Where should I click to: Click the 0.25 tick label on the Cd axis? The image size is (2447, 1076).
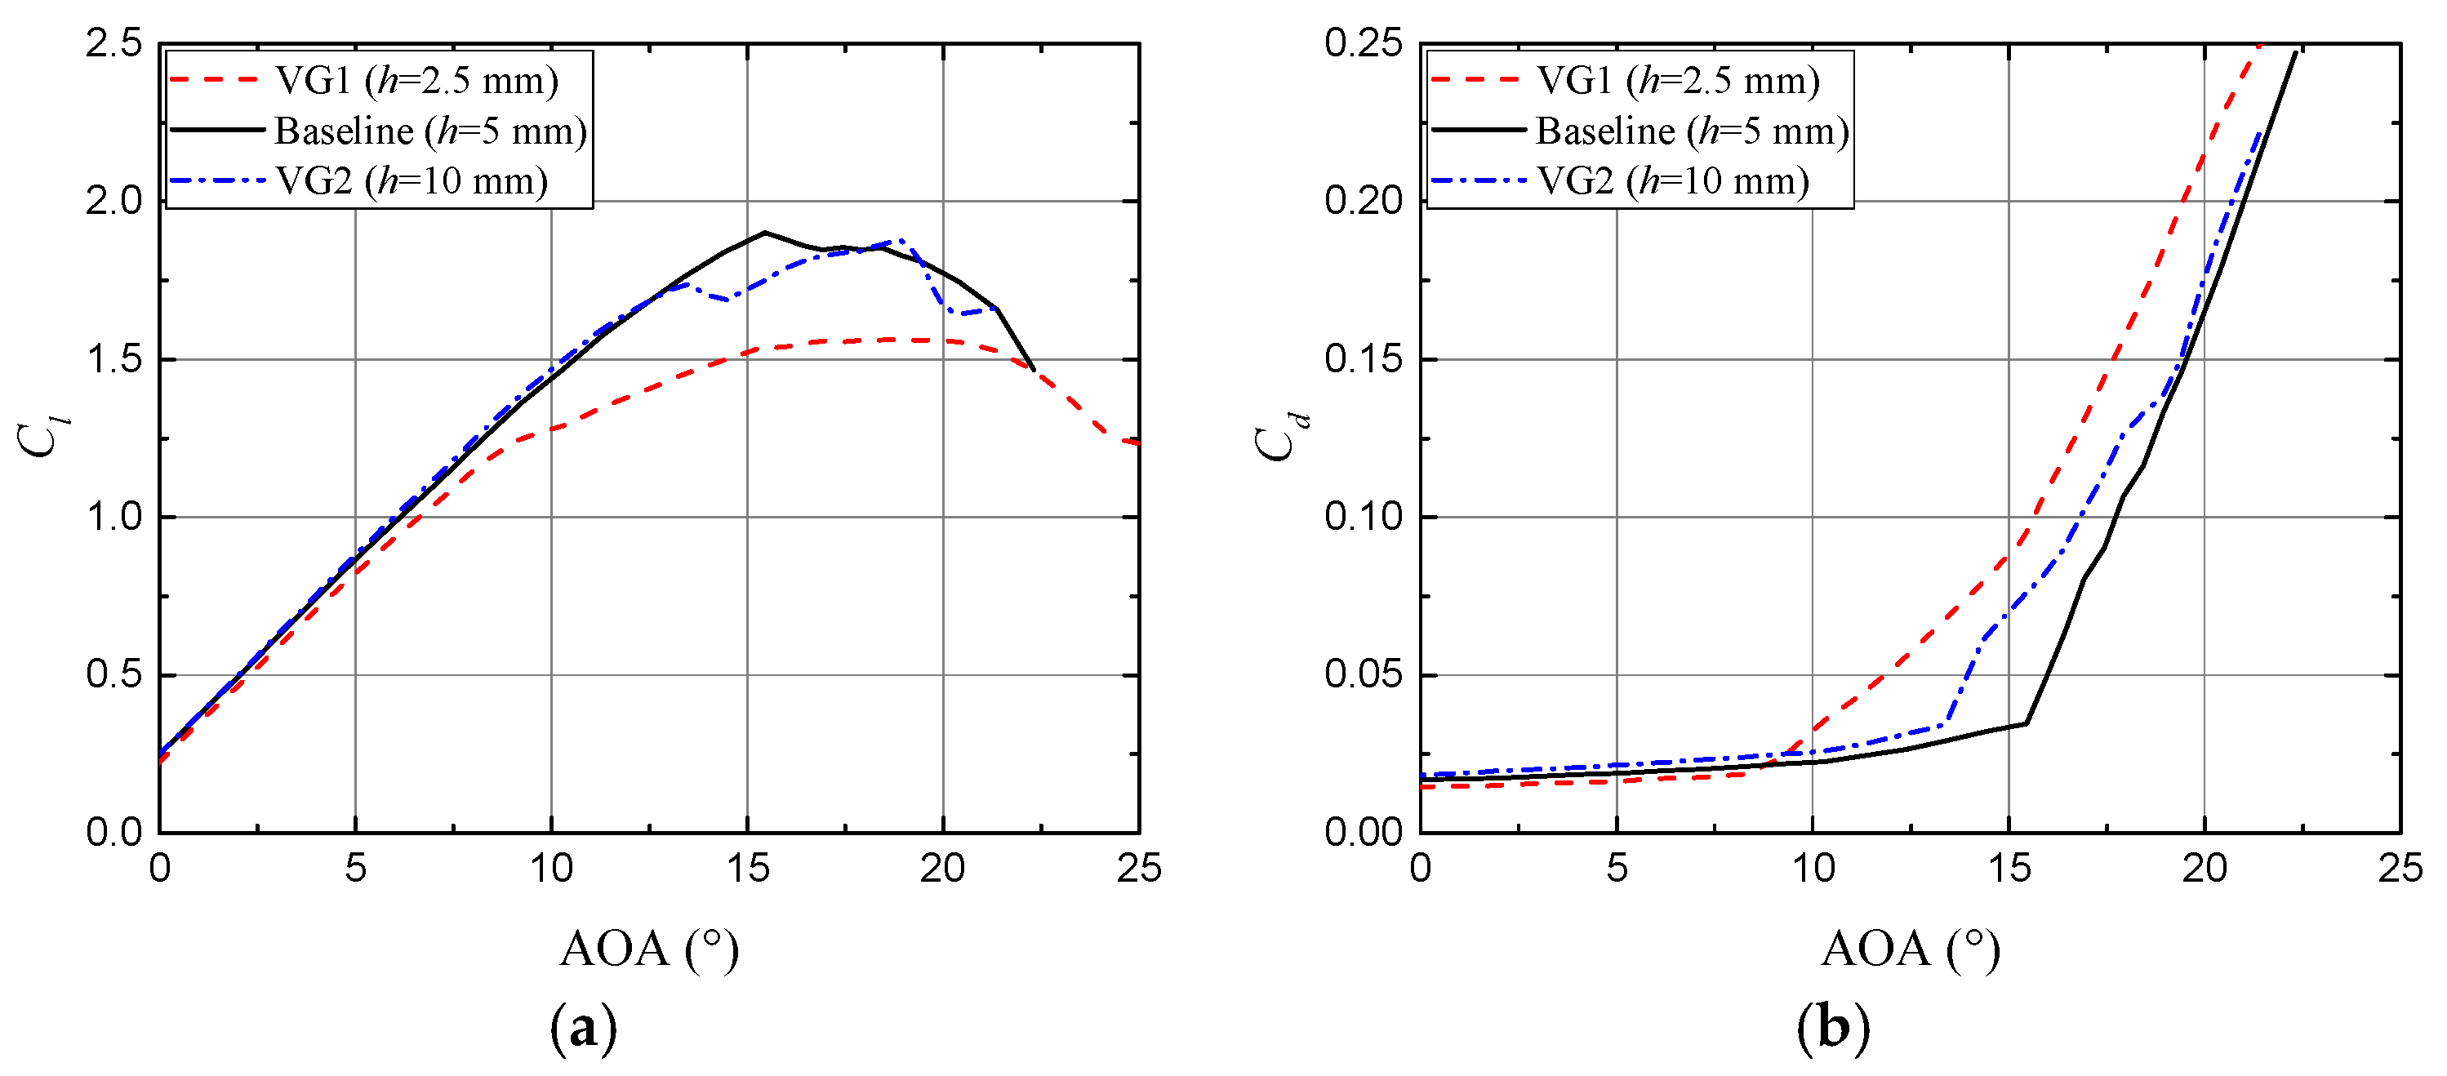point(1364,44)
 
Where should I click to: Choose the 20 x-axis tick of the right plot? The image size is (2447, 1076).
point(2204,868)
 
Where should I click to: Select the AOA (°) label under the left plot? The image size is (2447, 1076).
point(649,949)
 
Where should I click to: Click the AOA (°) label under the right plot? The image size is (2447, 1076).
point(1911,949)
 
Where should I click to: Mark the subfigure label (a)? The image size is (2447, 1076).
point(583,1029)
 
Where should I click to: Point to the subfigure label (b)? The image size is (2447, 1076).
point(1833,1029)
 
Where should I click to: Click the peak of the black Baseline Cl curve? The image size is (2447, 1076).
point(765,232)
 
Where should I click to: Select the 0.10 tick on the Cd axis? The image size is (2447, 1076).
point(1364,518)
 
